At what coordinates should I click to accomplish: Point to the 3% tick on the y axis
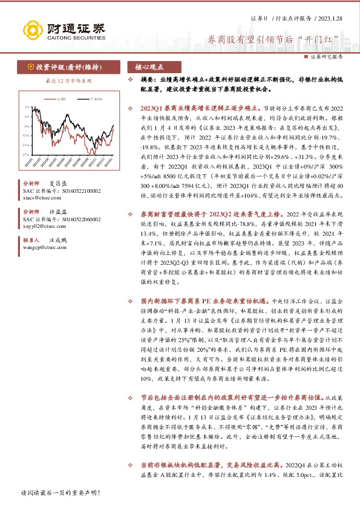25,106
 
